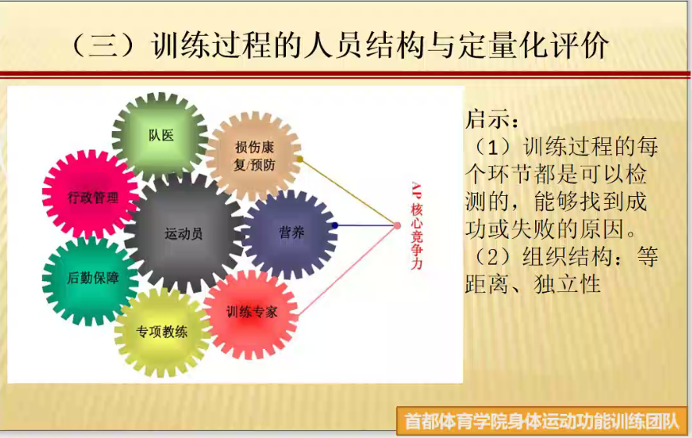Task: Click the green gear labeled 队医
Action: [160, 136]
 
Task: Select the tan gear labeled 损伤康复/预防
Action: [254, 155]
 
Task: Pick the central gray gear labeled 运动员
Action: [184, 233]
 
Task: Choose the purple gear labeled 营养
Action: [291, 233]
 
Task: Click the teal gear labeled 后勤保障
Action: [91, 279]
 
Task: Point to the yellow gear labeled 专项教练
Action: [162, 331]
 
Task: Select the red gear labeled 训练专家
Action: [251, 313]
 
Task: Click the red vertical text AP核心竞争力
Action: [416, 226]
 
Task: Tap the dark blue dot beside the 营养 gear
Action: [335, 226]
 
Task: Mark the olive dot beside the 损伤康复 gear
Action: [300, 158]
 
